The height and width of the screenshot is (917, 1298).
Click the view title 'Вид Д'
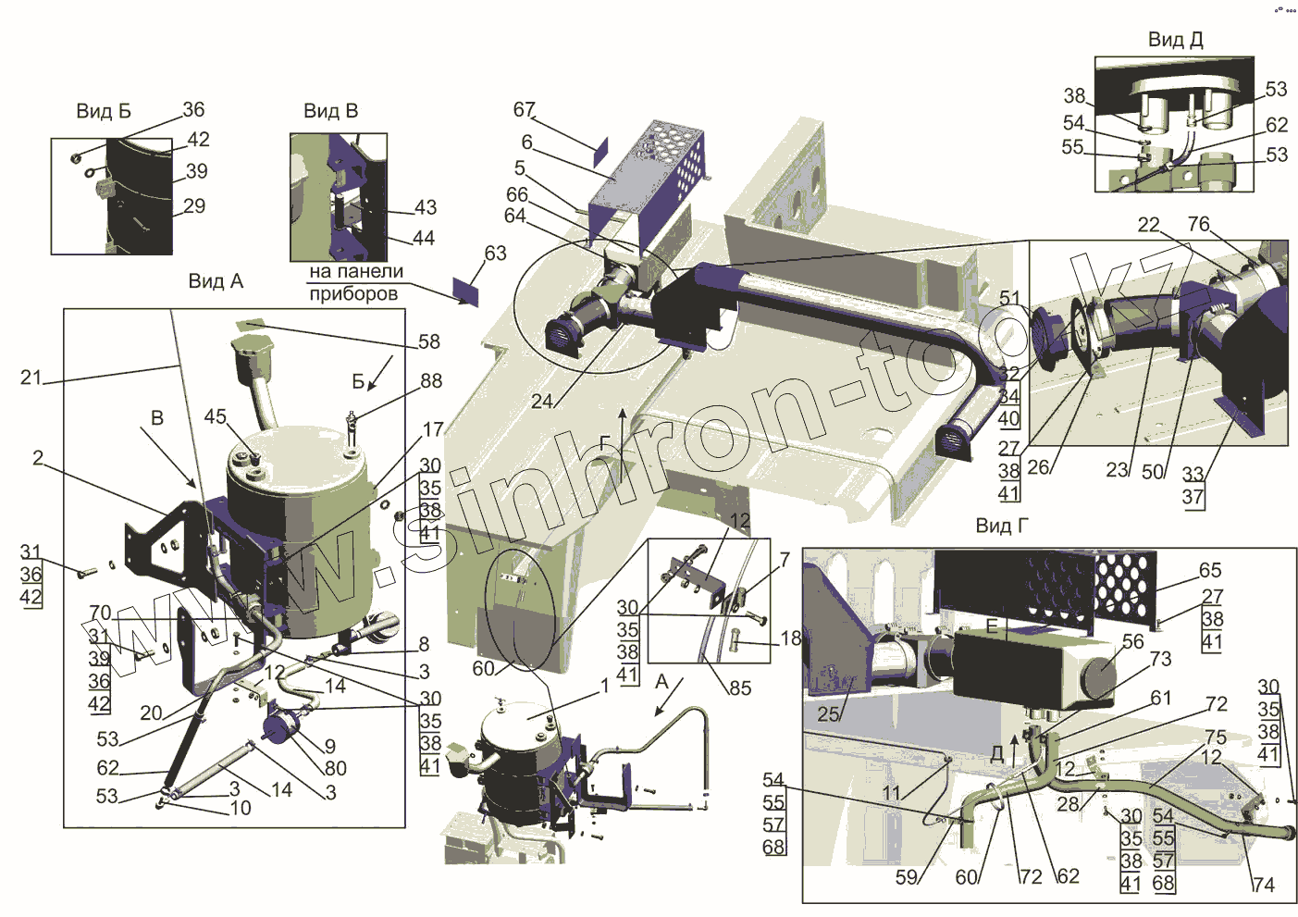[1175, 39]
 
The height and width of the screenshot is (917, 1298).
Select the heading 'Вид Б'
[103, 111]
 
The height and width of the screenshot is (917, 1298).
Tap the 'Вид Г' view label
[1002, 526]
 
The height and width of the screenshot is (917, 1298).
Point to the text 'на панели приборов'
[355, 282]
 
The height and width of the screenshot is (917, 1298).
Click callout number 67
[524, 109]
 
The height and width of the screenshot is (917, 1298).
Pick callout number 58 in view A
[429, 341]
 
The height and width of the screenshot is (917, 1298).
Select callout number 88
[431, 380]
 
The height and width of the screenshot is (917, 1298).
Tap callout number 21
[31, 377]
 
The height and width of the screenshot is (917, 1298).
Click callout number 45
[215, 416]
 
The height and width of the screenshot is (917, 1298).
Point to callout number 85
[739, 688]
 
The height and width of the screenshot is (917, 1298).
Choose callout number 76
[1198, 224]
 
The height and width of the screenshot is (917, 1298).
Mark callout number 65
[1209, 570]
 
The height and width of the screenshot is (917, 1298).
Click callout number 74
[1263, 885]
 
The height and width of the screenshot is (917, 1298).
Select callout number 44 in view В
[423, 238]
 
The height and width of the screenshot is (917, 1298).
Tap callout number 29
[193, 205]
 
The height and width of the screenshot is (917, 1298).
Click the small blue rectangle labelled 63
[467, 291]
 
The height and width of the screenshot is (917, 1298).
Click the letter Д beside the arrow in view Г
[997, 753]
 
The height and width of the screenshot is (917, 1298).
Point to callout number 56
[1132, 641]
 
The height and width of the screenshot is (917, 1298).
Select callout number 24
[542, 401]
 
